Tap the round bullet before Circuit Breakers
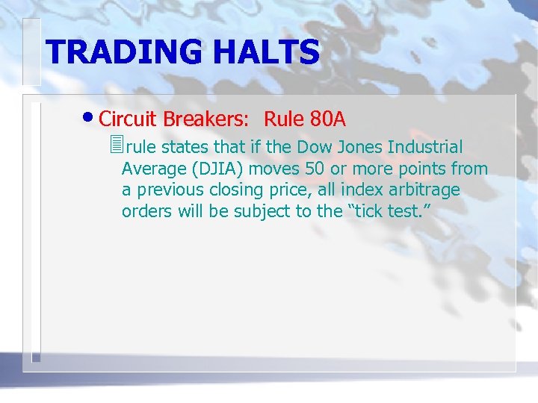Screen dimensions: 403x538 point(90,119)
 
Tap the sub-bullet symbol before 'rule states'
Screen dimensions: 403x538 point(114,146)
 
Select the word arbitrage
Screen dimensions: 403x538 point(424,190)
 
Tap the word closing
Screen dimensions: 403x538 point(226,190)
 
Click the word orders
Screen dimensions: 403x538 point(147,211)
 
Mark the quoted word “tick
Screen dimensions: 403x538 point(365,211)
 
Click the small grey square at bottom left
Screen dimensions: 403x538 point(35,357)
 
